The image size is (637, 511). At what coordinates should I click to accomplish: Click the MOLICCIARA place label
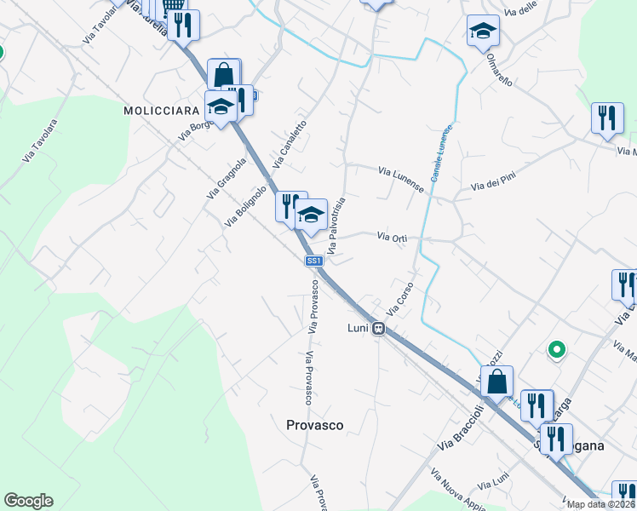click(161, 110)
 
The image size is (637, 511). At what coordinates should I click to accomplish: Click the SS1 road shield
click(313, 261)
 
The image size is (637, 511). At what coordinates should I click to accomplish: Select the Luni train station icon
click(380, 328)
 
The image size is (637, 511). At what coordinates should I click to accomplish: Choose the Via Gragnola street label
click(226, 178)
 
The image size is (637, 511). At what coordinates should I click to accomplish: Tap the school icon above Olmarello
click(483, 32)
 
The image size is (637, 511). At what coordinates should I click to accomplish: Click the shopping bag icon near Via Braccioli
click(497, 381)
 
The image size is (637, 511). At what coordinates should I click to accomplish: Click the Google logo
click(28, 501)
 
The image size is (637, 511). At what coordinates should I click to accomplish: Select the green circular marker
click(557, 349)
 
